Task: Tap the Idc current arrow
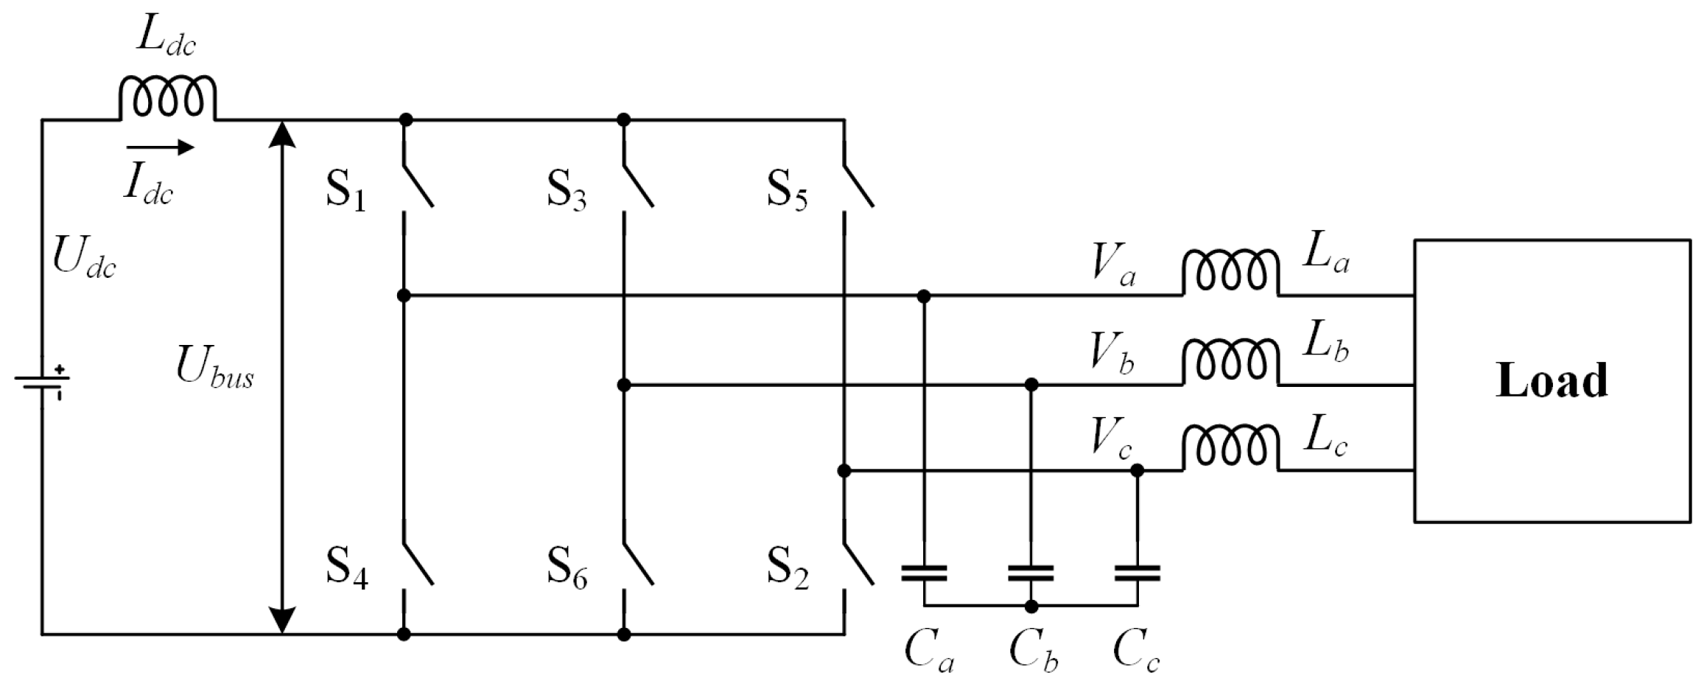pyautogui.click(x=160, y=148)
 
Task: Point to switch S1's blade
pyautogui.click(x=417, y=184)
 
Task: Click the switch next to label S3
pyautogui.click(x=637, y=184)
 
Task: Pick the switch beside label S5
pyautogui.click(x=858, y=184)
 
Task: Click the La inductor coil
pyautogui.click(x=1230, y=273)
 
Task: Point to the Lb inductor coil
pyautogui.click(x=1230, y=362)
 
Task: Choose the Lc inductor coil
pyautogui.click(x=1230, y=447)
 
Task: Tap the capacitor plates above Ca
pyautogui.click(x=924, y=573)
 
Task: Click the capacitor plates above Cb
pyautogui.click(x=1031, y=573)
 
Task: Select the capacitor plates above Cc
pyautogui.click(x=1137, y=573)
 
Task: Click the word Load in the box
pyautogui.click(x=1552, y=381)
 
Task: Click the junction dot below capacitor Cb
pyautogui.click(x=1031, y=607)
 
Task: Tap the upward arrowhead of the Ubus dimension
pyautogui.click(x=283, y=133)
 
